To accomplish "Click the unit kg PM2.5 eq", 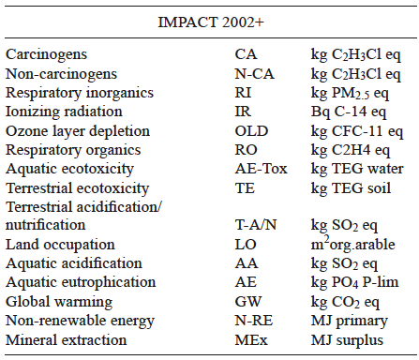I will pyautogui.click(x=353, y=93).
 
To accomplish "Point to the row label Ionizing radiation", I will pyautogui.click(x=61, y=112).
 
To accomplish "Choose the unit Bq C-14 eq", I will pyautogui.click(x=349, y=112).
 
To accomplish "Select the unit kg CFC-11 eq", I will pyautogui.click(x=356, y=130).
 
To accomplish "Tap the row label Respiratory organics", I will pyautogui.click(x=71, y=149).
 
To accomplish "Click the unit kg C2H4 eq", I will pyautogui.click(x=352, y=149).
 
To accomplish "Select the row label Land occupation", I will pyautogui.click(x=56, y=245).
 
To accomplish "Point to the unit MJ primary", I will pyautogui.click(x=345, y=321).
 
